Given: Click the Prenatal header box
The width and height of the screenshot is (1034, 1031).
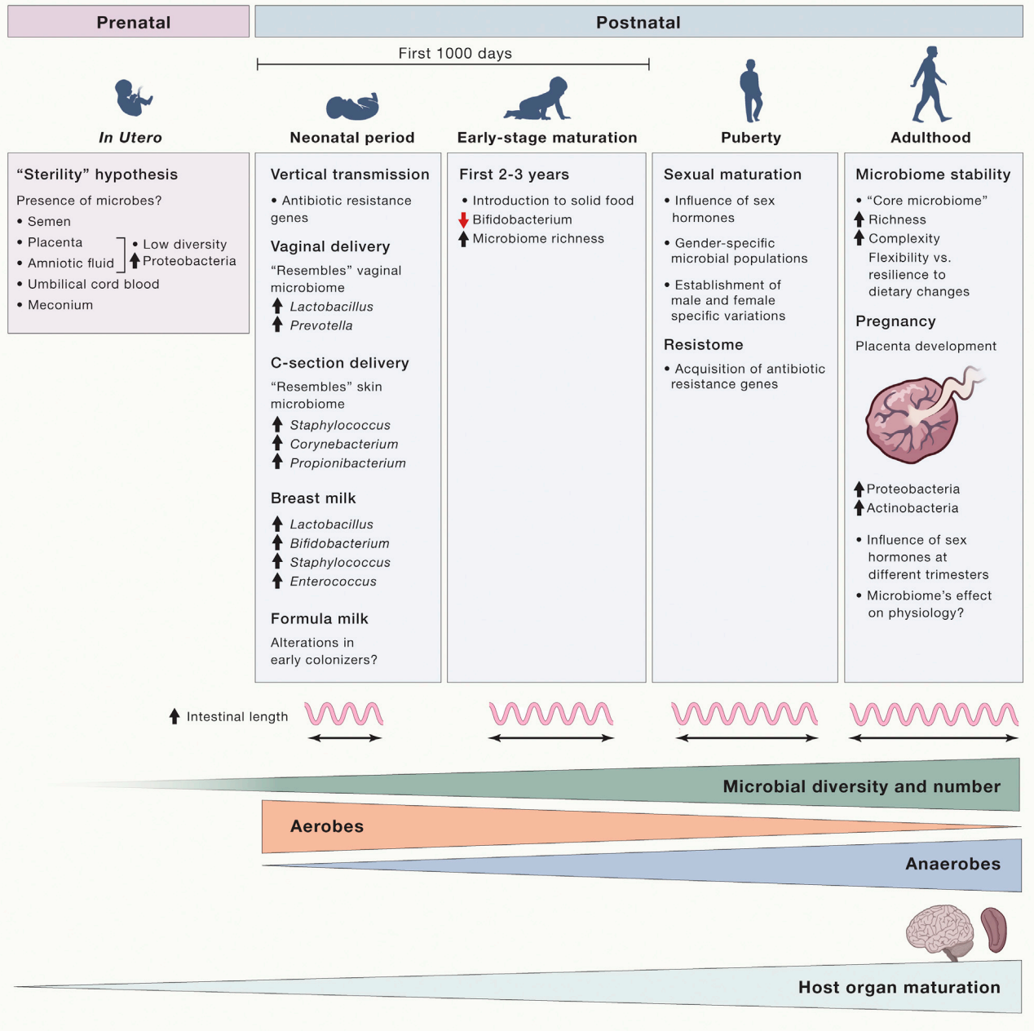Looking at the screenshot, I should point(129,22).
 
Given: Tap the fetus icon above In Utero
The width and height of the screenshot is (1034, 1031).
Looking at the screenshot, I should point(132,98).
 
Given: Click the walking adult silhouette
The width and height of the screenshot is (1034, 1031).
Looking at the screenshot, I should point(929,84).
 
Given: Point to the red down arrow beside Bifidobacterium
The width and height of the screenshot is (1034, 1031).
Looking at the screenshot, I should point(463,219).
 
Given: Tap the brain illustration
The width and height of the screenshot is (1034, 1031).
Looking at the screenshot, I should point(940,930).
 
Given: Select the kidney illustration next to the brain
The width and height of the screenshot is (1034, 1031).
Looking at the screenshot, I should point(994,930).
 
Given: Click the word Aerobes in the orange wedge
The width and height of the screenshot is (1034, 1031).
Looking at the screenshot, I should point(327,826).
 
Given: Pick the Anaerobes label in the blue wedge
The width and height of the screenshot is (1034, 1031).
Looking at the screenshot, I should point(952,864).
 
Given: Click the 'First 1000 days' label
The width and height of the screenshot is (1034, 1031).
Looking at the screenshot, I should point(455,54).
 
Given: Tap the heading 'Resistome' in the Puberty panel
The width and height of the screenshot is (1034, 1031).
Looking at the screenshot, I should point(703,345).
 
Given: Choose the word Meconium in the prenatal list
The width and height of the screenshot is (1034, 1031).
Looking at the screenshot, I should point(60,305).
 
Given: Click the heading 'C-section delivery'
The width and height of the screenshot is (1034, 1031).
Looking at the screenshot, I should point(340,363).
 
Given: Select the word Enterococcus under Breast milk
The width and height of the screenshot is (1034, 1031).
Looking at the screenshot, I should point(334,582).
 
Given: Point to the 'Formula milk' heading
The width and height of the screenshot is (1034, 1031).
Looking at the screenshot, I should point(320,619).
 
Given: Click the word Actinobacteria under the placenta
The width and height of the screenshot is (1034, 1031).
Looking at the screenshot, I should point(912,508).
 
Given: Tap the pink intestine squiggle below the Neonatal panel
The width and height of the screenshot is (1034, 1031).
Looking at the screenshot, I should point(343,715).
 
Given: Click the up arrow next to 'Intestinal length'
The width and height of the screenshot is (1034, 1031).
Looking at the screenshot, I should point(175,716).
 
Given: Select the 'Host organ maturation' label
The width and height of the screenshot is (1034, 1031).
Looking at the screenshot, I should point(899,988).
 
